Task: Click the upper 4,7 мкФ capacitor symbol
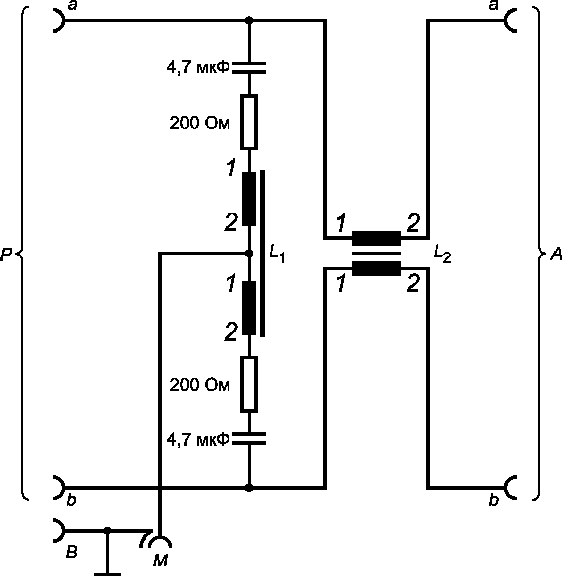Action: point(249,68)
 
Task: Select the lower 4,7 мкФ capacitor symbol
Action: point(249,439)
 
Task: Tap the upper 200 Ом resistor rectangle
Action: point(249,122)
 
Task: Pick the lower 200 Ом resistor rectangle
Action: point(249,384)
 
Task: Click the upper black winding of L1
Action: point(249,199)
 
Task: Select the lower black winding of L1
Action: point(249,308)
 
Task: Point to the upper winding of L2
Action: point(376,238)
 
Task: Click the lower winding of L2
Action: point(376,268)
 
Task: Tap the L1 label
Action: point(277,254)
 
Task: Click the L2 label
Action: point(442,254)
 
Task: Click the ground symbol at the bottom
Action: point(107,574)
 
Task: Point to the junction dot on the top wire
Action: point(249,20)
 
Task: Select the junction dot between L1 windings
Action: point(249,253)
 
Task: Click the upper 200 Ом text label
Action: point(200,124)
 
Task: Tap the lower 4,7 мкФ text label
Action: point(198,439)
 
